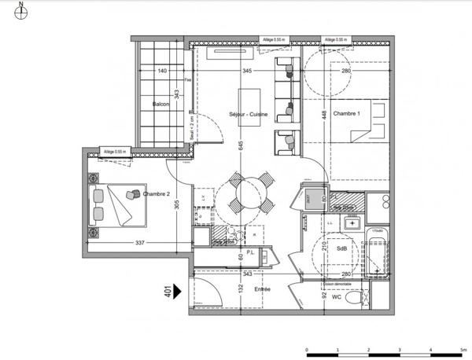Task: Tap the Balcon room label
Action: [161, 104]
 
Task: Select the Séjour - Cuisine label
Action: [249, 115]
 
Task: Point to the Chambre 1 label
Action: [346, 115]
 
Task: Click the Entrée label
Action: [262, 289]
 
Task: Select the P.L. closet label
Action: [249, 252]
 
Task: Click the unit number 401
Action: [168, 291]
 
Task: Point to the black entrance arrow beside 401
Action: [178, 291]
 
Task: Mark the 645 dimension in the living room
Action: [241, 144]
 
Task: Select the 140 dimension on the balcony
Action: [162, 72]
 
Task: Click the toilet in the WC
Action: [359, 297]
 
